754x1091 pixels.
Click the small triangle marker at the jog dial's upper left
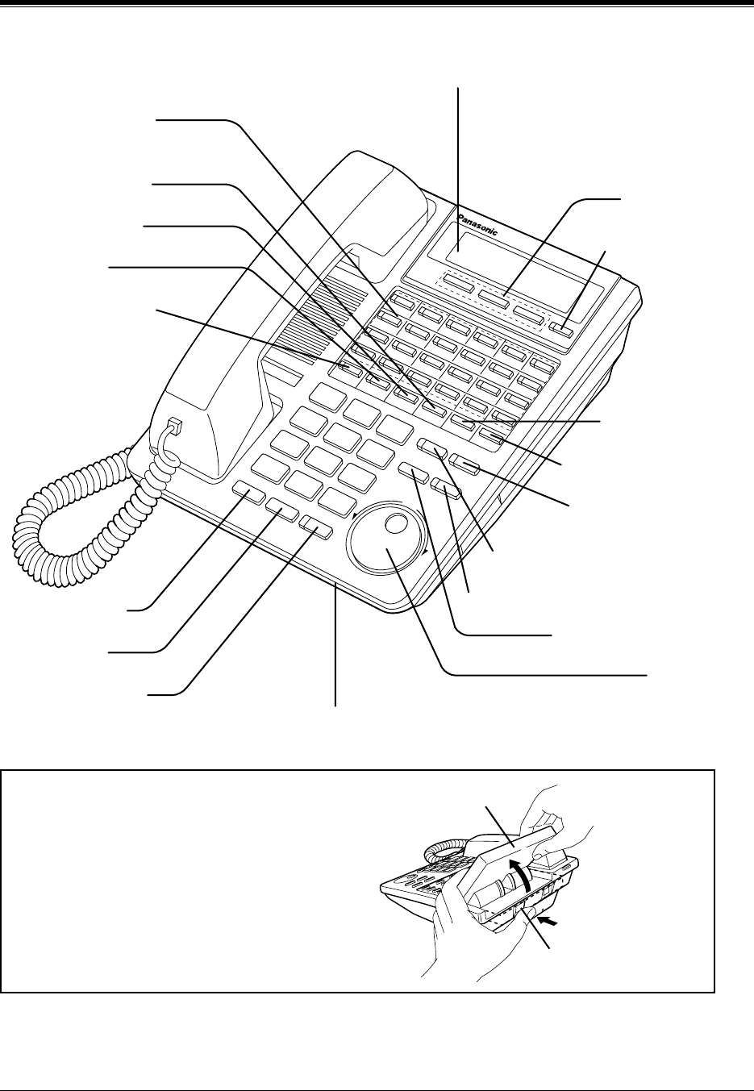(x=352, y=514)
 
